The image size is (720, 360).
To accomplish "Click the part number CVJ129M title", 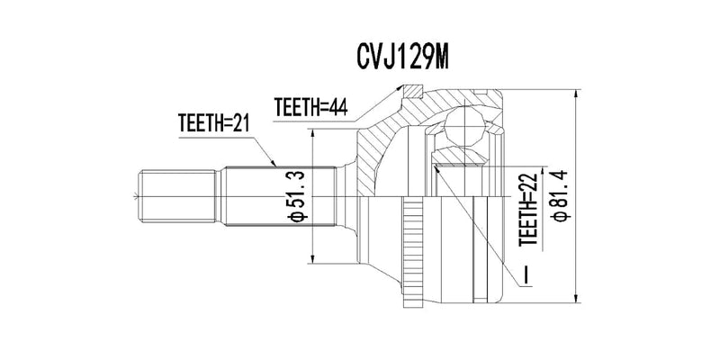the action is click(402, 57).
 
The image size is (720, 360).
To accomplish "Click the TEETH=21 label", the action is click(213, 122).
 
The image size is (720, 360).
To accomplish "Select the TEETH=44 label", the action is click(310, 107).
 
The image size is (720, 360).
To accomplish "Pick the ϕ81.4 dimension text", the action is click(561, 196).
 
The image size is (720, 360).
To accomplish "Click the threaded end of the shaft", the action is click(177, 196).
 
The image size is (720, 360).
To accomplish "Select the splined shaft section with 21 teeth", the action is click(279, 196).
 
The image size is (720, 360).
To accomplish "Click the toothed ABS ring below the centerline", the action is click(412, 252).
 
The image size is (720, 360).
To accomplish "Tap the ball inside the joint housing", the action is click(464, 126).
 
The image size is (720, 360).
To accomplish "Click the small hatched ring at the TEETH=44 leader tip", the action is click(412, 92).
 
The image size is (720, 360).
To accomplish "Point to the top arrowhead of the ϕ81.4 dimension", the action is click(575, 94).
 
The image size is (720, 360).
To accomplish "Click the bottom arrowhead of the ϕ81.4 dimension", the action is click(575, 298).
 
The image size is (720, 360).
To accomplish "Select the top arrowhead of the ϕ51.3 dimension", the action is click(312, 134).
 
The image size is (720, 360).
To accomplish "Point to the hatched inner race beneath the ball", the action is click(460, 156).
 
